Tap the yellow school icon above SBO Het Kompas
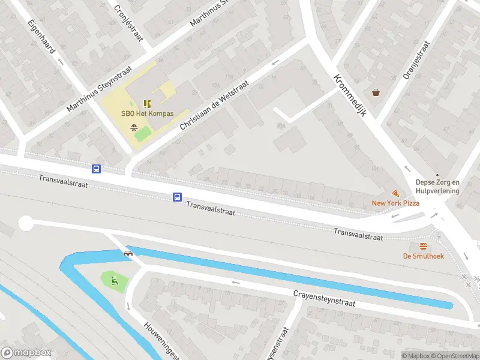click(147, 103)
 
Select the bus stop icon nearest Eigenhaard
click(96, 169)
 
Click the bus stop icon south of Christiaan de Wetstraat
click(177, 197)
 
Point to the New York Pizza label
click(395, 203)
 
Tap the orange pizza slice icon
click(395, 193)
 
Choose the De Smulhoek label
click(423, 256)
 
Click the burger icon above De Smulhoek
click(423, 247)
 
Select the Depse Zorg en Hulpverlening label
click(437, 187)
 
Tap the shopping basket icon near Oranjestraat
click(376, 92)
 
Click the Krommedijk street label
click(350, 96)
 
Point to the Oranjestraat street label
click(416, 60)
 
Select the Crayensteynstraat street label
click(324, 299)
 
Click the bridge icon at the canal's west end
click(128, 253)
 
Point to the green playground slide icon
click(113, 280)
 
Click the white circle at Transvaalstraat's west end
click(25, 223)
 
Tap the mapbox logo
click(26, 353)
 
